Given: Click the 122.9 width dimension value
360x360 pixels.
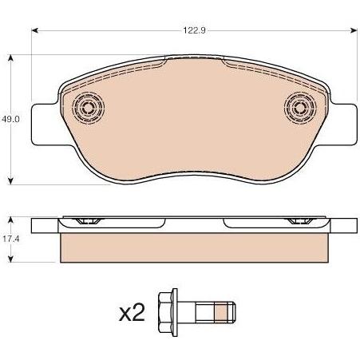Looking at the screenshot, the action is tap(194, 30).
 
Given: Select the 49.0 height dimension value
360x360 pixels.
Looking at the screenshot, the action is tap(10, 119).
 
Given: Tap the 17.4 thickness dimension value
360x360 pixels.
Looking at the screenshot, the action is tap(11, 239).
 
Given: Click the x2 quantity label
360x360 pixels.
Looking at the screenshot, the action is tap(132, 312).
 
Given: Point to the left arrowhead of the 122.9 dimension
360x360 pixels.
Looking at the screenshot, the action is tap(35, 30).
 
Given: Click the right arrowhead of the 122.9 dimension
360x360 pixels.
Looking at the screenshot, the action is tap(354, 30).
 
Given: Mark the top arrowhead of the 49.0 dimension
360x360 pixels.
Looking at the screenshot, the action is tap(10, 58).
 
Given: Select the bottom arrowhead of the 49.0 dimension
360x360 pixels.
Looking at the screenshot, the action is tap(10, 181).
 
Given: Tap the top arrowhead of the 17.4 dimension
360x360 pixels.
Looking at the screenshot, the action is tap(10, 220).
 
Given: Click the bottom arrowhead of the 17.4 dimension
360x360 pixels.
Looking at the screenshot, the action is tap(10, 259).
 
